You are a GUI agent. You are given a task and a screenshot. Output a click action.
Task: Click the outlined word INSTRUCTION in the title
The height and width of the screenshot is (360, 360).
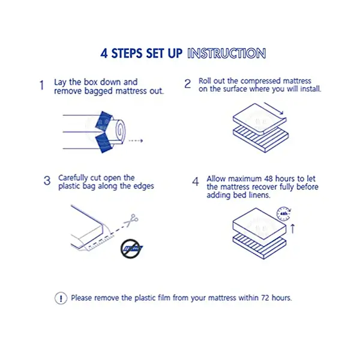227,53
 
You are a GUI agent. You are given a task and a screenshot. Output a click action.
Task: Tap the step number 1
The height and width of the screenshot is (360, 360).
41,85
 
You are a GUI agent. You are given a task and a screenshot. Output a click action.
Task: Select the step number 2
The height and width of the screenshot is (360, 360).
188,83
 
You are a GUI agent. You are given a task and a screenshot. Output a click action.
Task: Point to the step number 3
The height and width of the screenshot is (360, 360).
47,181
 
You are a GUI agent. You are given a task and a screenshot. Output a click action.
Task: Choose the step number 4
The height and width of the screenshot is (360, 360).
196,182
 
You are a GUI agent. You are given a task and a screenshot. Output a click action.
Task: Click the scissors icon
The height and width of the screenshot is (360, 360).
131,220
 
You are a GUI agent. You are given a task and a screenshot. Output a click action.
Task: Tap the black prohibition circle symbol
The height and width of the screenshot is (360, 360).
130,248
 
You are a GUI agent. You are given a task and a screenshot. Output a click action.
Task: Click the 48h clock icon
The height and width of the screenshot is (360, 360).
284,214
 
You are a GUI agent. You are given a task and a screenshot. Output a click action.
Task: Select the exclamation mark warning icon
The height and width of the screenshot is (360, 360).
61,298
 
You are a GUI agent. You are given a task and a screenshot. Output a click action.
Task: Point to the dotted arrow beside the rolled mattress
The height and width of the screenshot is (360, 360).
136,140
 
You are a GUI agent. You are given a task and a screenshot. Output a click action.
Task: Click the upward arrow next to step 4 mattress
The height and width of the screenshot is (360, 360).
293,229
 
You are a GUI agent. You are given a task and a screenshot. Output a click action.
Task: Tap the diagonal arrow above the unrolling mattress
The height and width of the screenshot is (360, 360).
274,109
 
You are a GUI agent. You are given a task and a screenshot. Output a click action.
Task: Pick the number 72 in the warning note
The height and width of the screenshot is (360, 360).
265,298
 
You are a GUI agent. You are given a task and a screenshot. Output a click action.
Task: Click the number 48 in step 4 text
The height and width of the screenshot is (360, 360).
268,178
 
